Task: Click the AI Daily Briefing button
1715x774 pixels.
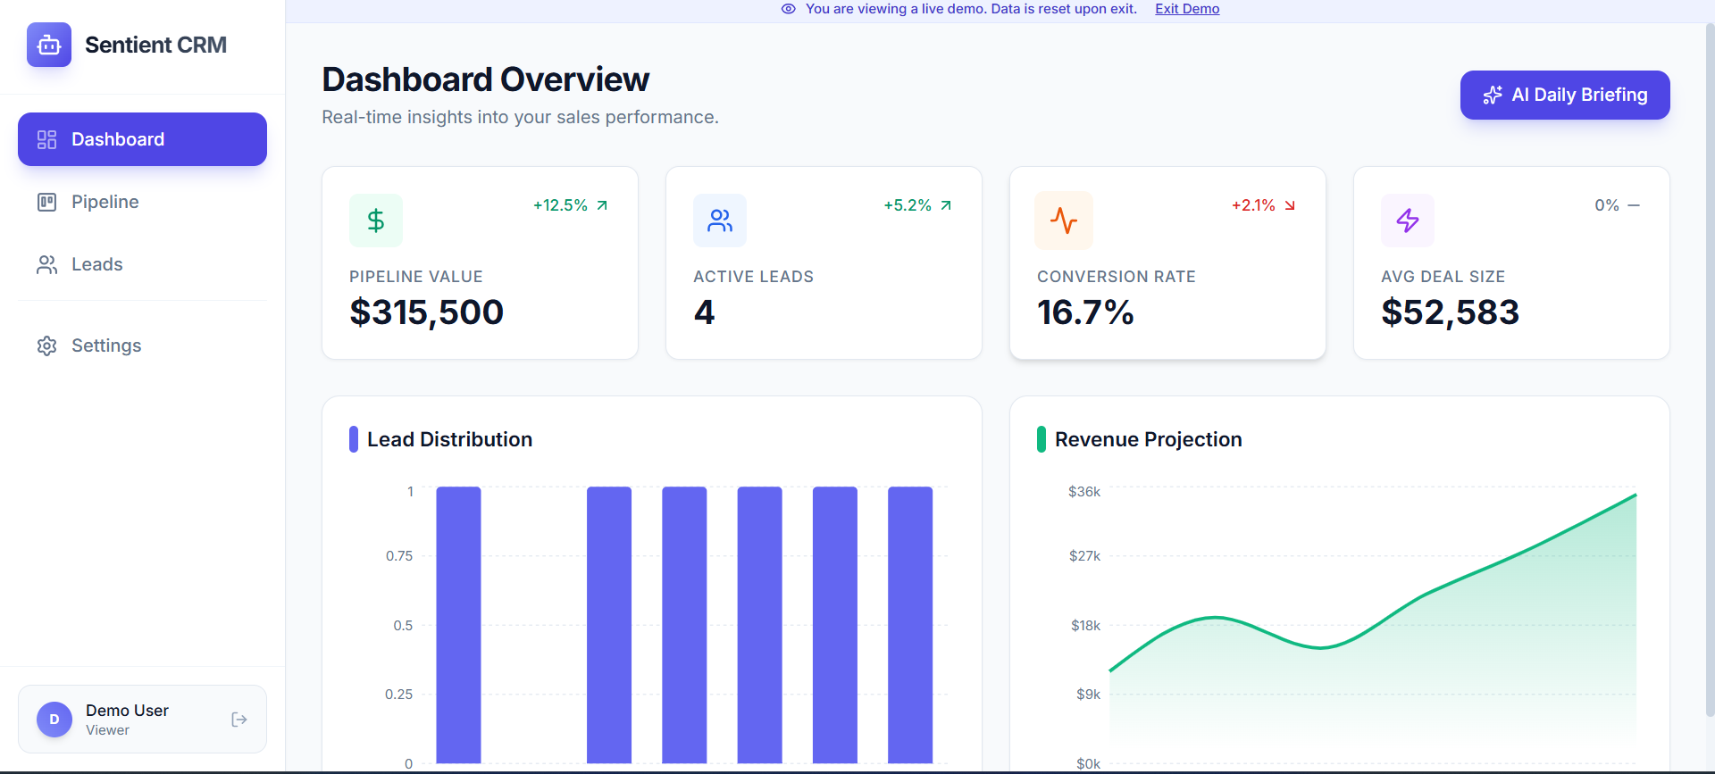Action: pyautogui.click(x=1564, y=95)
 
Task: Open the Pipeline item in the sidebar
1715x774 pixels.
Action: pyautogui.click(x=105, y=202)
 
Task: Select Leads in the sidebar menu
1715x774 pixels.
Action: pyautogui.click(x=96, y=264)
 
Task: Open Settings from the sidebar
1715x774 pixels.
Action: pyautogui.click(x=105, y=345)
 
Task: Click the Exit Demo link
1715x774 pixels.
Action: pyautogui.click(x=1186, y=9)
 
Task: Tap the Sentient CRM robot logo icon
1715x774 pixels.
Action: pyautogui.click(x=49, y=45)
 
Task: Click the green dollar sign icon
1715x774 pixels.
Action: pyautogui.click(x=376, y=221)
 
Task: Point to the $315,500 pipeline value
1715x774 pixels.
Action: pyautogui.click(x=426, y=312)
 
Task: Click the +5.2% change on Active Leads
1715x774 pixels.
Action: pyautogui.click(x=908, y=205)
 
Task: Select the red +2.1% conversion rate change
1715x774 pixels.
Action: pyautogui.click(x=1253, y=205)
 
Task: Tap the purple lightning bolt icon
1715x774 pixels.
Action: pyautogui.click(x=1408, y=221)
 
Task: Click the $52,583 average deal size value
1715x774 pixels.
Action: pyautogui.click(x=1449, y=312)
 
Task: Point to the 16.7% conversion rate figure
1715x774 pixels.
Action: pyautogui.click(x=1084, y=312)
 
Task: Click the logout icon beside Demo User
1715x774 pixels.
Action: pyautogui.click(x=238, y=720)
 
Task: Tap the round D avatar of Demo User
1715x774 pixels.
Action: pyautogui.click(x=54, y=720)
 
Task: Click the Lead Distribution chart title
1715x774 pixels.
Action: pyautogui.click(x=449, y=439)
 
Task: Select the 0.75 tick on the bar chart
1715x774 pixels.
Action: pyautogui.click(x=399, y=556)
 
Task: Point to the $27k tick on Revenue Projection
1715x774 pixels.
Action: pyautogui.click(x=1084, y=556)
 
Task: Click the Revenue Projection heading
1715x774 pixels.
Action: pyautogui.click(x=1148, y=439)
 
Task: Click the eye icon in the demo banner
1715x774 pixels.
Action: pyautogui.click(x=788, y=9)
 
